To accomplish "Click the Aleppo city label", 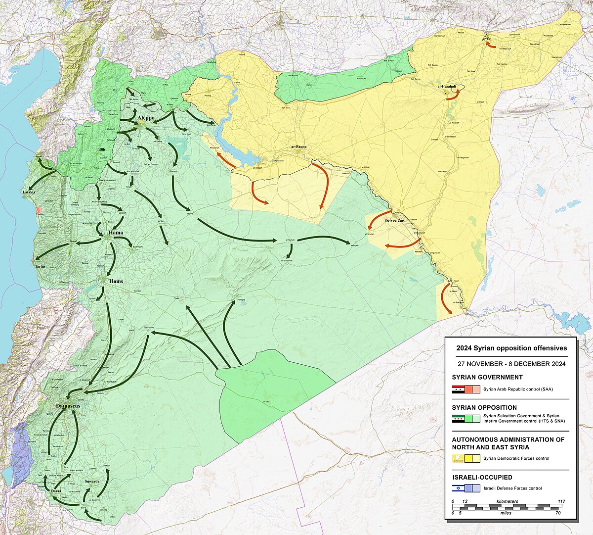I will click(x=146, y=118).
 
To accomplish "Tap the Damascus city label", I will click(x=68, y=406).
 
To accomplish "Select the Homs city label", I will click(x=116, y=281).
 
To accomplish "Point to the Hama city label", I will click(x=116, y=233).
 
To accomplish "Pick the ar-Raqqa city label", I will click(x=299, y=147).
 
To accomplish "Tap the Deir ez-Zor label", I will click(x=394, y=221).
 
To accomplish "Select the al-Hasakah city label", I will click(x=446, y=87).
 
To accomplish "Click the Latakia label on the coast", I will click(x=29, y=192).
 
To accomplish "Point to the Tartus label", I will click(x=40, y=266).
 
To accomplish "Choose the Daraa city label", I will click(x=56, y=491).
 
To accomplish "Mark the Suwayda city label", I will click(x=92, y=481).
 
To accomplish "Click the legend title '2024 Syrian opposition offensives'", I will click(x=511, y=348).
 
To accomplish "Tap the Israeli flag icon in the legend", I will click(x=458, y=488).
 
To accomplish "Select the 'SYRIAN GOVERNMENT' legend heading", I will click(x=487, y=377).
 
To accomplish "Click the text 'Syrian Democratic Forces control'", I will click(x=516, y=458).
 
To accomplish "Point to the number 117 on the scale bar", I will click(x=561, y=501).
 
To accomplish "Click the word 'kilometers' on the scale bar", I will click(x=507, y=501).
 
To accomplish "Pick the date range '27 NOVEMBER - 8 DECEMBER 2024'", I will click(x=511, y=364).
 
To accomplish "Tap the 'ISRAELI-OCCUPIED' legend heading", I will click(x=482, y=478).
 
